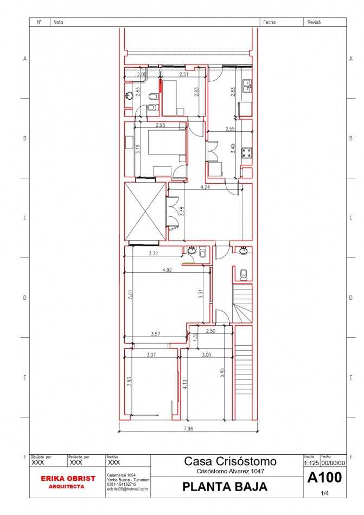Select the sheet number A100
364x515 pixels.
point(324,478)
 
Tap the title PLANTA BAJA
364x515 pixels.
point(225,487)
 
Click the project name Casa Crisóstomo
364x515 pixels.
point(230,462)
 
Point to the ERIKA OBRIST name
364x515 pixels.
point(68,479)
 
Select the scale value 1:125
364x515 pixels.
point(311,463)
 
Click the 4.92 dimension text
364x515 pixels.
point(167,269)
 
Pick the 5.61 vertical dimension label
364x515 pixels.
point(130,294)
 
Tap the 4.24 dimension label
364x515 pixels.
point(205,187)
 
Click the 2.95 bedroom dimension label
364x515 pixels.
point(161,126)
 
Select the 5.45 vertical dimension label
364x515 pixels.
point(222,374)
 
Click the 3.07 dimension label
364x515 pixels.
point(151,355)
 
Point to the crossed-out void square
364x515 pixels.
point(145,211)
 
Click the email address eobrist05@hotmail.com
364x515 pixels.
point(127,490)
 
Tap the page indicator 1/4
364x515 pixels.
point(325,493)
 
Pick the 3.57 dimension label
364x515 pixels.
point(156,334)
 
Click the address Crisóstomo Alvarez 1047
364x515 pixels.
point(230,472)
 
